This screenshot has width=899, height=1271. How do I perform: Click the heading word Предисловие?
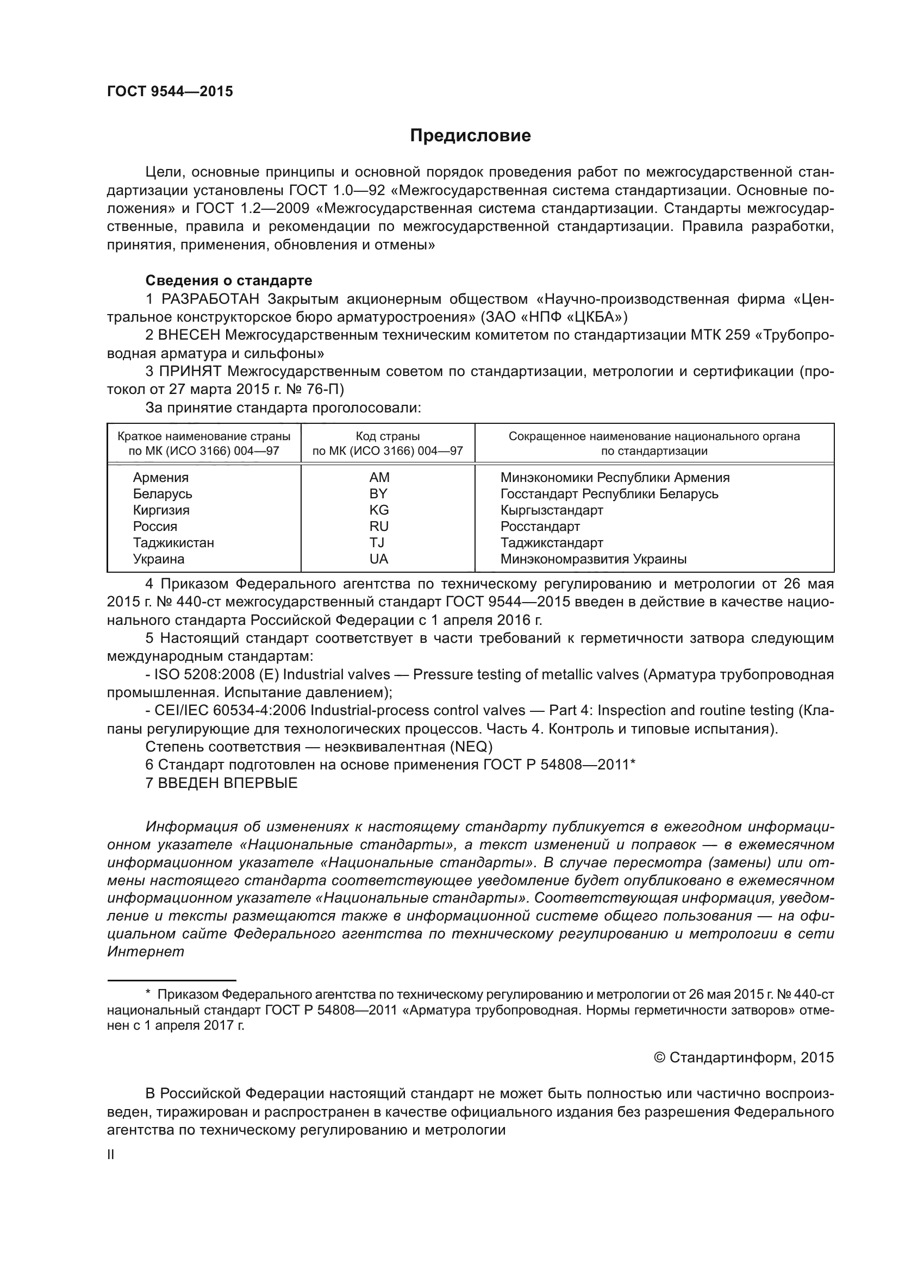pos(470,136)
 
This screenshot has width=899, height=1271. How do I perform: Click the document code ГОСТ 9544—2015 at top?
pos(170,91)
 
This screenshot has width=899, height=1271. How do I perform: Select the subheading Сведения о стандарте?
pos(229,280)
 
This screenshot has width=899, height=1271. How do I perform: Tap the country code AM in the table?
pos(379,477)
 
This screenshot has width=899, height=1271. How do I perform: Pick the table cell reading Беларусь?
pos(162,494)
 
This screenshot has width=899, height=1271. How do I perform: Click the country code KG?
pos(379,510)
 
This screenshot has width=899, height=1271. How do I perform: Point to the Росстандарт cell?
pos(540,527)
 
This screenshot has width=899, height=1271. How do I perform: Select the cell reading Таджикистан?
pos(173,542)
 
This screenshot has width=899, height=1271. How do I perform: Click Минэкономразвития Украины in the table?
pos(593,559)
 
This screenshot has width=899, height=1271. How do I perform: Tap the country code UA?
pos(379,559)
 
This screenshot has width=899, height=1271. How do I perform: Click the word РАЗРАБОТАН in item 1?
pos(210,299)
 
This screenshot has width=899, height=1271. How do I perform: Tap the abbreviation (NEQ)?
pos(471,747)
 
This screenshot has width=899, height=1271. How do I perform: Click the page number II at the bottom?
pos(111,1155)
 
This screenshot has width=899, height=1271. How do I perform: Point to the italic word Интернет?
pos(145,952)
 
